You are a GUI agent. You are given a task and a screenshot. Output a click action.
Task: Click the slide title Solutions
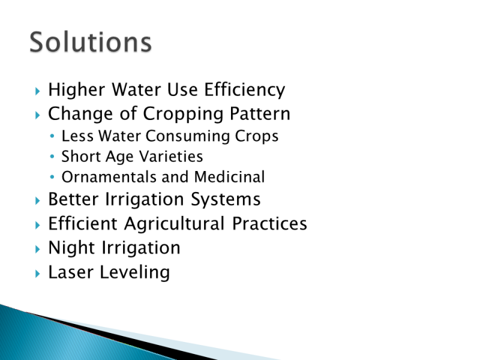coord(91,41)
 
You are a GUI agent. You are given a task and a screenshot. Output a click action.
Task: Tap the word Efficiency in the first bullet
coord(245,90)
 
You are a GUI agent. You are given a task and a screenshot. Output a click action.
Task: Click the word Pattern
coord(260,113)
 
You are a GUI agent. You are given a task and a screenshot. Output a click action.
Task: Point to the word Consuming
coord(187,136)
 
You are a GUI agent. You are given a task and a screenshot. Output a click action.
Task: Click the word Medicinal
coord(229,177)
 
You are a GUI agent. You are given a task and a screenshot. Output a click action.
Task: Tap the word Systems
coord(226,200)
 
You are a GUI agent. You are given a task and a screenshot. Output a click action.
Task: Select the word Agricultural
coord(175,224)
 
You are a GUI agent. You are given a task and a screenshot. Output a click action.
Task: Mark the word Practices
coord(269,223)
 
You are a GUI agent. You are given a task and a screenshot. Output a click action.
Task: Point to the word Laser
coord(71,272)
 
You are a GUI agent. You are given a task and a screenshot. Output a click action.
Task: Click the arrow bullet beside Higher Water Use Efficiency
coord(38,91)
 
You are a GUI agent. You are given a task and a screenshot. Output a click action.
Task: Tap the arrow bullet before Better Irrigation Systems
coord(38,201)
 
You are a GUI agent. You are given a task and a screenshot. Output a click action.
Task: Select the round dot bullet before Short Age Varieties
coord(52,157)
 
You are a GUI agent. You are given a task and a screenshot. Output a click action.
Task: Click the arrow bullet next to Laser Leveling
coord(38,274)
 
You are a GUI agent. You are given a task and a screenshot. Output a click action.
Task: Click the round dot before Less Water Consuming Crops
coord(52,136)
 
